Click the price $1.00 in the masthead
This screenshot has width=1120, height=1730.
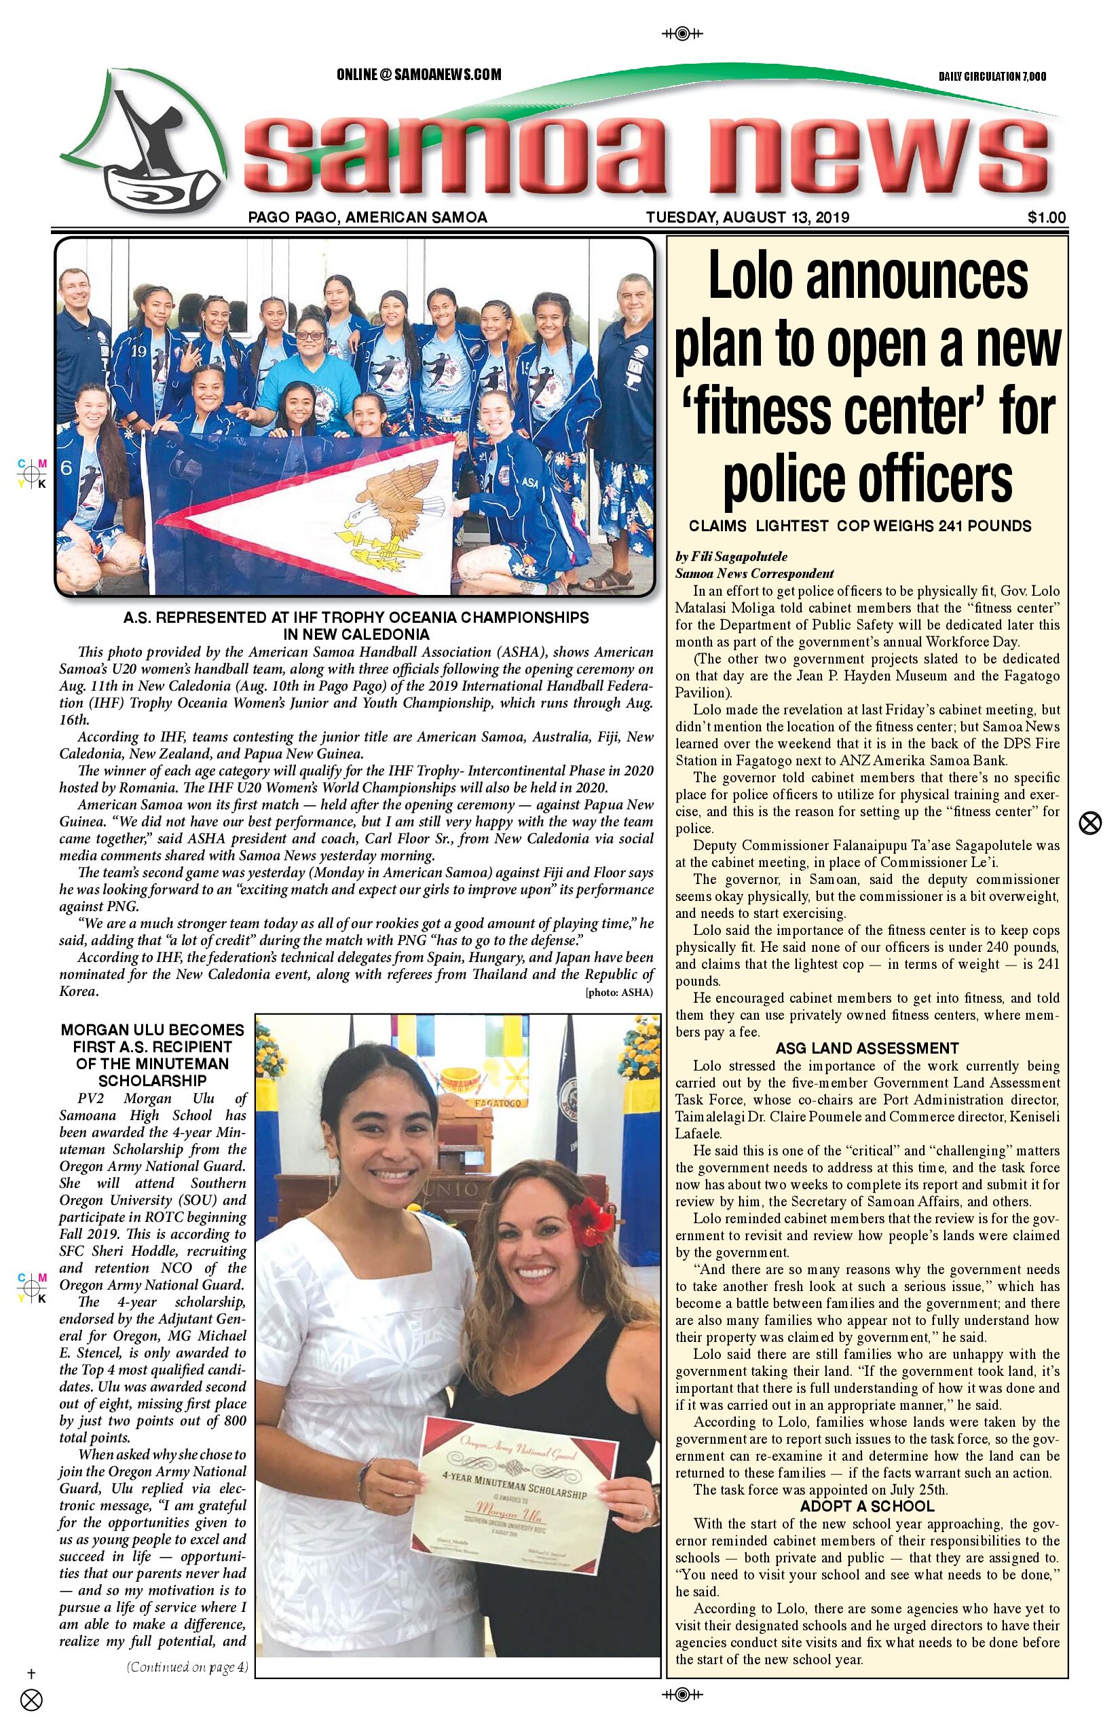(x=1047, y=217)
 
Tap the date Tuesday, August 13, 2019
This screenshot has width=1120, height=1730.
(x=747, y=217)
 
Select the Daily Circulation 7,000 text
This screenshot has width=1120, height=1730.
(x=992, y=76)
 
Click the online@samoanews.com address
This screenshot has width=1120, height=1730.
(x=418, y=74)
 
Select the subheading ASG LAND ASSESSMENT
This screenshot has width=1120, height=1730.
(x=867, y=1048)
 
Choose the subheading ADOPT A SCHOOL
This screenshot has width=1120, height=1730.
(x=867, y=1506)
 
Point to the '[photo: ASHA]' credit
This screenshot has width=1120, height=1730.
(x=619, y=992)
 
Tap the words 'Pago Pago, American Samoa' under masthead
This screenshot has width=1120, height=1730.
(x=367, y=217)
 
